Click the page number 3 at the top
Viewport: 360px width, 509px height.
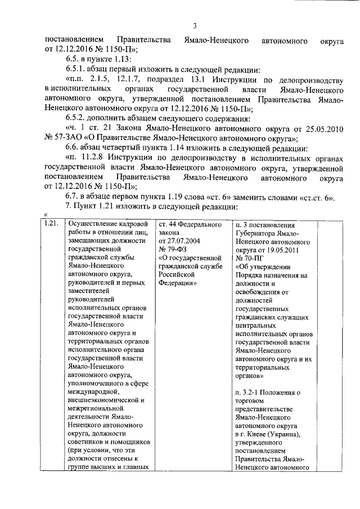click(x=195, y=25)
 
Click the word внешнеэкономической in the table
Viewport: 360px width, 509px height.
click(x=101, y=400)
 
